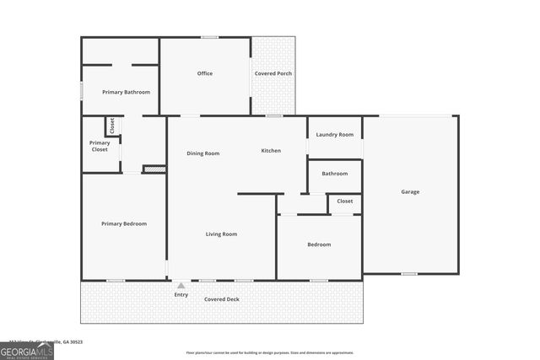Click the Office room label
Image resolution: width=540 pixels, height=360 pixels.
(205, 73)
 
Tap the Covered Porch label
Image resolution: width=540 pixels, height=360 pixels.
(273, 73)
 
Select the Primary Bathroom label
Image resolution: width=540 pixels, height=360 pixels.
(126, 92)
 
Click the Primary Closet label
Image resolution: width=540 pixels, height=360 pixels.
(100, 146)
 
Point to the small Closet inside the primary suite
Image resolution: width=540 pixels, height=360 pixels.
(111, 126)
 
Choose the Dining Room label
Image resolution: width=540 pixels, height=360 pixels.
(203, 153)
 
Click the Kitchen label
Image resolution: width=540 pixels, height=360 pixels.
(271, 150)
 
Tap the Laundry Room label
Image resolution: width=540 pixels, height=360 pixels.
(335, 134)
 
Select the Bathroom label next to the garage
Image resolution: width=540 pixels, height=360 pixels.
(335, 174)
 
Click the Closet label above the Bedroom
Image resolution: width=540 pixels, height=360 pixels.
(345, 201)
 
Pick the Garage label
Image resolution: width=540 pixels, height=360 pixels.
(410, 191)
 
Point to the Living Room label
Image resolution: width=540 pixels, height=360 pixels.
(221, 234)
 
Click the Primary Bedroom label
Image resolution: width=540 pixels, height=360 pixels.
(124, 223)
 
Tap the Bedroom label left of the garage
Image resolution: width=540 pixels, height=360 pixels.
(319, 244)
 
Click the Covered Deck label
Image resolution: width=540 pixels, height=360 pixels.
(222, 299)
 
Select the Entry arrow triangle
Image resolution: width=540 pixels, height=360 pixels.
(181, 286)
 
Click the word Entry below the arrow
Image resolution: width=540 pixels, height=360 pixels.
(181, 294)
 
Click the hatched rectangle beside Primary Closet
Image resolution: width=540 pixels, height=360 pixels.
(154, 169)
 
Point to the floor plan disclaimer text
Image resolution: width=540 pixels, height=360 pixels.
(270, 352)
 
